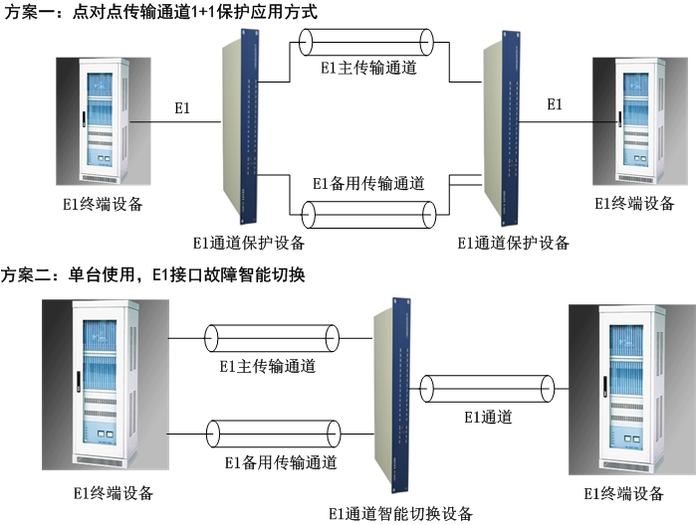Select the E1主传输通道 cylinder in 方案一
point(367,43)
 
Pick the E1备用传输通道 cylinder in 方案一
point(368,212)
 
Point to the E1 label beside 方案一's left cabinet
point(182,106)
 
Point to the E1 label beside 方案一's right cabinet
point(555,104)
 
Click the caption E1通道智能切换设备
point(400,513)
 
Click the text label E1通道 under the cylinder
point(488,418)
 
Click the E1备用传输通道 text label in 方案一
point(368,183)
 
